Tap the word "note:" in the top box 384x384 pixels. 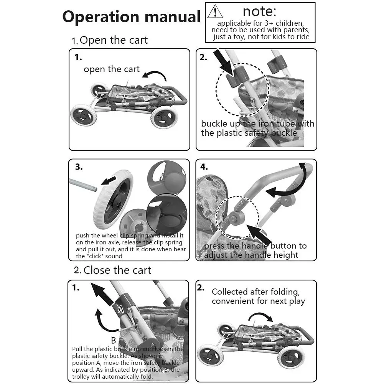point(260,11)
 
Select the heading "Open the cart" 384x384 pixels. point(114,40)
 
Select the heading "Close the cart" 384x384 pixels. point(117,270)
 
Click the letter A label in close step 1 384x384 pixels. point(120,308)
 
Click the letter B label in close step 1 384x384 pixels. point(114,340)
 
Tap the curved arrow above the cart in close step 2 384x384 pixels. point(260,316)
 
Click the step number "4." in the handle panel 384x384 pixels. point(204,167)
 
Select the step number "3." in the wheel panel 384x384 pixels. point(79,167)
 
